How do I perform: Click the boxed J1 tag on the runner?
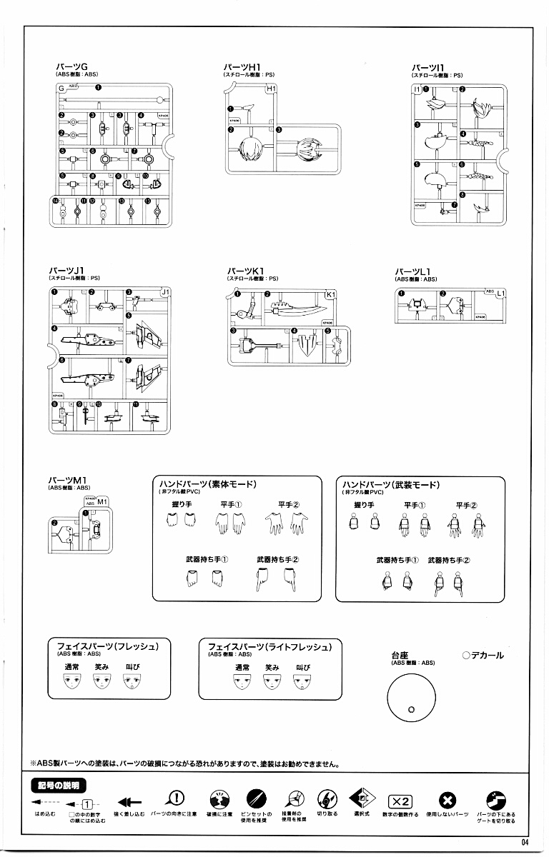click(164, 291)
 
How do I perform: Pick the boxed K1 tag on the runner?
click(330, 294)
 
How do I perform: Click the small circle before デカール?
click(465, 655)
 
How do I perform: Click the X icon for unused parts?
click(447, 800)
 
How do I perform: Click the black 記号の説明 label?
click(61, 786)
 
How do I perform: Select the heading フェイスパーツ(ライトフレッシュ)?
click(269, 646)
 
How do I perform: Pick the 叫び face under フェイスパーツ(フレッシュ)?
click(130, 683)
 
